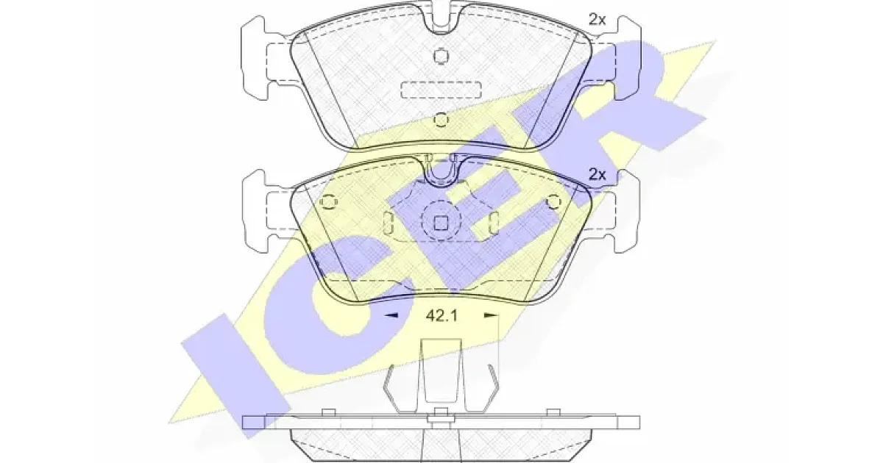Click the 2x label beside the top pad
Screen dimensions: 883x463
click(x=597, y=20)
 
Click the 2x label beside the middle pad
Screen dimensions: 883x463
click(x=597, y=174)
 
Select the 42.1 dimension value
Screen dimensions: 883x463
click(x=441, y=315)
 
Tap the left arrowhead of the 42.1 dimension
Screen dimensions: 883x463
click(x=391, y=315)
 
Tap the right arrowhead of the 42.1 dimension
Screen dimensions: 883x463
click(x=491, y=315)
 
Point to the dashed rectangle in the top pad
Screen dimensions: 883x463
click(x=441, y=90)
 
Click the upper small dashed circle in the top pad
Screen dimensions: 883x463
click(x=441, y=56)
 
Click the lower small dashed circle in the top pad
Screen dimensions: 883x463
click(x=441, y=119)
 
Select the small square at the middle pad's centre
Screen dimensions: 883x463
click(x=441, y=223)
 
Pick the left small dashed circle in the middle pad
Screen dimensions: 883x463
click(x=328, y=202)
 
